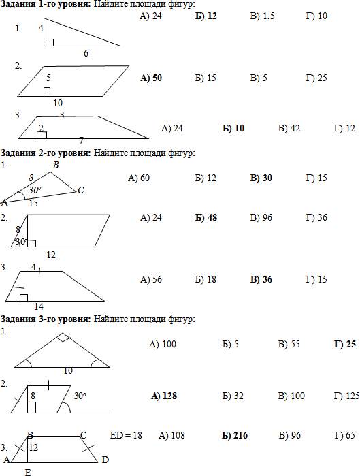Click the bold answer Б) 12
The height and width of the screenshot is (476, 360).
pyautogui.click(x=206, y=16)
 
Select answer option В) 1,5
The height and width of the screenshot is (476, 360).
pyautogui.click(x=262, y=16)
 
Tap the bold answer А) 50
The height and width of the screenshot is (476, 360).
pyautogui.click(x=151, y=78)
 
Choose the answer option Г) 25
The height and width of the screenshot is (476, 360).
pyautogui.click(x=316, y=78)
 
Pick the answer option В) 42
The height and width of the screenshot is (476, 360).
pyautogui.click(x=289, y=128)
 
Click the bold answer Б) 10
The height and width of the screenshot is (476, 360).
pyautogui.click(x=233, y=128)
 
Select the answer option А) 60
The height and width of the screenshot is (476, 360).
pyautogui.click(x=139, y=178)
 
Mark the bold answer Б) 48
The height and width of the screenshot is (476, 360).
pyautogui.click(x=206, y=217)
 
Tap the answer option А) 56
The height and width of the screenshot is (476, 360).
pyautogui.click(x=151, y=279)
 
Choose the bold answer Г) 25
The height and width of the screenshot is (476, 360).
pyautogui.click(x=345, y=344)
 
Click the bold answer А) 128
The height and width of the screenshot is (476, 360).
pyautogui.click(x=164, y=396)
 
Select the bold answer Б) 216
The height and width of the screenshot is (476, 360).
pyautogui.click(x=235, y=435)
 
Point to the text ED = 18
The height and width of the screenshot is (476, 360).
pyautogui.click(x=126, y=435)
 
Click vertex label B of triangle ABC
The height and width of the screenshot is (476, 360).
pyautogui.click(x=56, y=165)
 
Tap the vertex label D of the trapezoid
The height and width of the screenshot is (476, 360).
pyautogui.click(x=105, y=460)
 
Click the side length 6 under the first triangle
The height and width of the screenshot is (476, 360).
pyautogui.click(x=86, y=53)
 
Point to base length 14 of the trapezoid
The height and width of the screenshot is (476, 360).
pyautogui.click(x=39, y=306)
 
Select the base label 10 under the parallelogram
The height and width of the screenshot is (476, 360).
pyautogui.click(x=58, y=104)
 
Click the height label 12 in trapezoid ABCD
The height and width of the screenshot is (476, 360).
pyautogui.click(x=33, y=447)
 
